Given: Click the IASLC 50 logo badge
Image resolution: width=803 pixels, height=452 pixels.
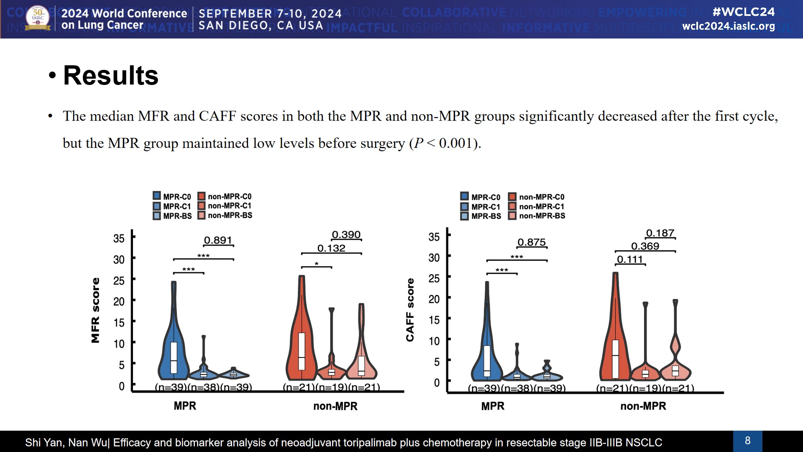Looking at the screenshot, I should point(38,18).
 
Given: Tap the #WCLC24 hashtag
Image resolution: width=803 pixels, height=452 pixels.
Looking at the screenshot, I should point(743,12).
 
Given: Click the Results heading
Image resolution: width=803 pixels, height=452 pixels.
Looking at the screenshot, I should point(110,76).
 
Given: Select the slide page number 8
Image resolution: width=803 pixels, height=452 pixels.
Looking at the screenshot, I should point(747,441).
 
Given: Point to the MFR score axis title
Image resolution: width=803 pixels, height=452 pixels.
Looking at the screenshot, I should point(95,310).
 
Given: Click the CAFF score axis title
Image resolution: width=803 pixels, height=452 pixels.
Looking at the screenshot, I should point(410,310).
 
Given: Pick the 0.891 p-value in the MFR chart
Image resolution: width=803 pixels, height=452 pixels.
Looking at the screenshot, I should point(218,240).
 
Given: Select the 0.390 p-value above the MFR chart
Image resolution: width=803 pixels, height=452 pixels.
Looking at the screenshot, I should point(346,235).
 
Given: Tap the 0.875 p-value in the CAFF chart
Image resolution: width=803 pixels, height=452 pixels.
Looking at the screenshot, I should point(532,242).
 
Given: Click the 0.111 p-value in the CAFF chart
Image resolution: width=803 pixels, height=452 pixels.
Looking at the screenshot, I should point(630,259).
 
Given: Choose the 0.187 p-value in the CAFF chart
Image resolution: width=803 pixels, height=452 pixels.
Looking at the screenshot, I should point(660,233).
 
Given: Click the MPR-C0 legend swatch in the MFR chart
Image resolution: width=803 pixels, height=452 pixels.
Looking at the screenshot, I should point(157,196).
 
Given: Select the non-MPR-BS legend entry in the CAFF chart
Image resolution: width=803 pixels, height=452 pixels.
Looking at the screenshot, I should point(537,216).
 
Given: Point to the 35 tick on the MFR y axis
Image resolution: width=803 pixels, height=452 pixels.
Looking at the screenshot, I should point(119,239).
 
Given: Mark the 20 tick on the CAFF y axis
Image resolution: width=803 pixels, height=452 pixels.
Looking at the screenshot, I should point(434,299).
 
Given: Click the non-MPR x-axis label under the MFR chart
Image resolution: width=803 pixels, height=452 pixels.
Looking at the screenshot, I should point(335,406).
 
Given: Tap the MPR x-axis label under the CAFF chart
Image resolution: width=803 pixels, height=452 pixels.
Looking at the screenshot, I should point(493,406).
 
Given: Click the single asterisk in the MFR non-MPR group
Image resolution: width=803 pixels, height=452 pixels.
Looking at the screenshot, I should point(317,264).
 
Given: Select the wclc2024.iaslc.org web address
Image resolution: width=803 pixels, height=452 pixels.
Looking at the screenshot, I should point(728,26).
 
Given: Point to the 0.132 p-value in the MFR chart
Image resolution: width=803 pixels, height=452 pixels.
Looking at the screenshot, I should point(331,248).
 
